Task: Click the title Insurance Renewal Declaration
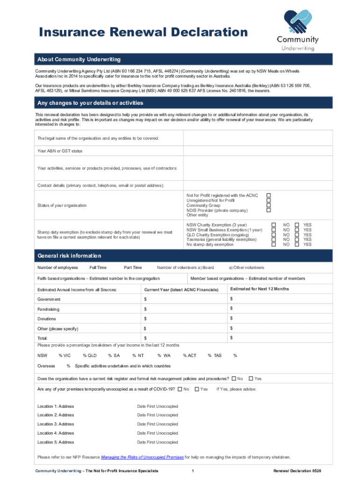pyautogui.click(x=143, y=32)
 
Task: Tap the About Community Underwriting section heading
pyautogui.click(x=79, y=59)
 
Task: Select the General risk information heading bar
pyautogui.click(x=69, y=256)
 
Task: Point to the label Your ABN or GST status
pyautogui.click(x=60, y=151)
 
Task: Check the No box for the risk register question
pyautogui.click(x=234, y=378)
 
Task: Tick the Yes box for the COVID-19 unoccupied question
pyautogui.click(x=197, y=389)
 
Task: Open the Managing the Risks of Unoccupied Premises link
pyautogui.click(x=143, y=457)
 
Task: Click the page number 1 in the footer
pyautogui.click(x=193, y=470)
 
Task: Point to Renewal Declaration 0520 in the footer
pyautogui.click(x=297, y=470)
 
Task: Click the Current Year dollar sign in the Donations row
pyautogui.click(x=145, y=319)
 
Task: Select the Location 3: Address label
pyautogui.click(x=56, y=424)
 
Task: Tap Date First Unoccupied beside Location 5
pyautogui.click(x=157, y=442)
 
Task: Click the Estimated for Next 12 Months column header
pyautogui.click(x=259, y=289)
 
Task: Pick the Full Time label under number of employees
pyautogui.click(x=98, y=268)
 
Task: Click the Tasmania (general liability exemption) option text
pyautogui.click(x=221, y=239)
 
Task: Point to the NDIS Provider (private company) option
pyautogui.click(x=217, y=210)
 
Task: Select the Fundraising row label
pyautogui.click(x=48, y=309)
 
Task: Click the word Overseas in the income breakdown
pyautogui.click(x=46, y=366)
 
